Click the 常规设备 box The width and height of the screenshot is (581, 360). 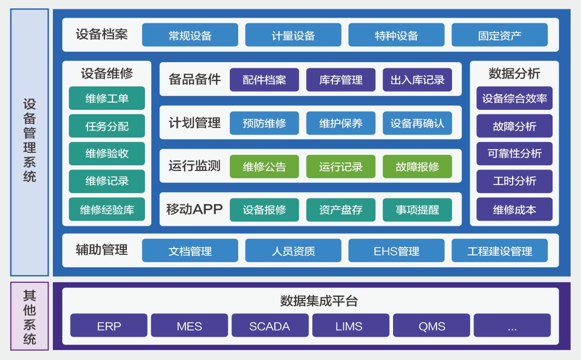click(190, 35)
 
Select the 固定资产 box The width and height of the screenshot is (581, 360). click(499, 35)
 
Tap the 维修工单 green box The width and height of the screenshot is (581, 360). click(107, 98)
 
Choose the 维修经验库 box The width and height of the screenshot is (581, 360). click(107, 209)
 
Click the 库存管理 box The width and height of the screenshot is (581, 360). click(341, 80)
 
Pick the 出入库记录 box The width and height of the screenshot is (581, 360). click(417, 80)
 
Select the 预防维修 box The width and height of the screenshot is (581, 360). click(264, 123)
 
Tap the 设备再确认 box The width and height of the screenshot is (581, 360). click(417, 123)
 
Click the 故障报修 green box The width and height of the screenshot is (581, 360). click(417, 167)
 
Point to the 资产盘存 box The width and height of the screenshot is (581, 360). click(341, 210)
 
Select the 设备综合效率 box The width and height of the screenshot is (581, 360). click(514, 98)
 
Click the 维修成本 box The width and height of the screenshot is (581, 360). click(514, 209)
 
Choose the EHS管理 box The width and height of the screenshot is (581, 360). click(396, 251)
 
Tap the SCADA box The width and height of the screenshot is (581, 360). click(269, 326)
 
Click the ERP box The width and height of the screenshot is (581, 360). click(109, 326)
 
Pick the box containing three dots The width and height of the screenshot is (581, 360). click(512, 326)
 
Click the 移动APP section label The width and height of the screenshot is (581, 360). click(194, 209)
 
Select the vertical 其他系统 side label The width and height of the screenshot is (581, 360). click(30, 317)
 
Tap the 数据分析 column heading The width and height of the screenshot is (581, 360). click(514, 74)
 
